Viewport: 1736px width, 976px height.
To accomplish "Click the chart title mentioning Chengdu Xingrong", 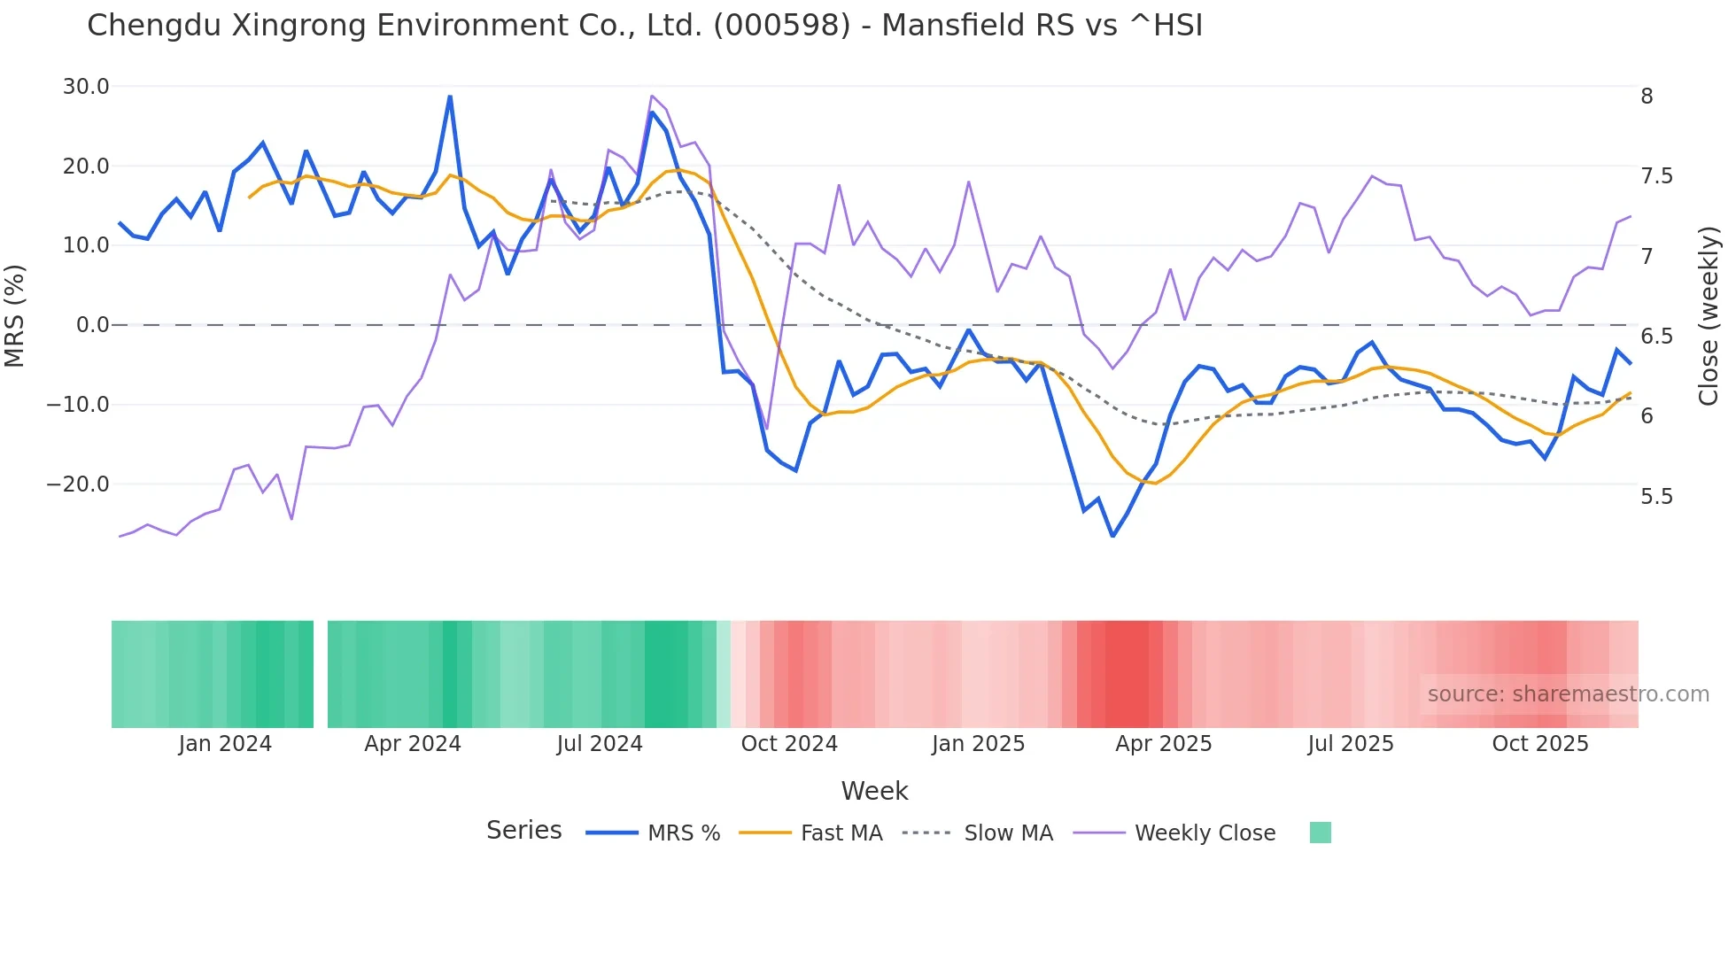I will pyautogui.click(x=645, y=26).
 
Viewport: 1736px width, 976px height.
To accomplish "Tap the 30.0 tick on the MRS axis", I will pyautogui.click(x=86, y=87).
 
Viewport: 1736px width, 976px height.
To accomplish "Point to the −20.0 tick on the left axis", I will pyautogui.click(x=79, y=484).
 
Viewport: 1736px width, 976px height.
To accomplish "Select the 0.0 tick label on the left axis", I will pyautogui.click(x=92, y=325).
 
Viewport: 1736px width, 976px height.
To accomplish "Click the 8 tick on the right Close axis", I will pyautogui.click(x=1647, y=97).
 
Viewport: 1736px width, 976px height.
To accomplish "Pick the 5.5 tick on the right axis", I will pyautogui.click(x=1656, y=497).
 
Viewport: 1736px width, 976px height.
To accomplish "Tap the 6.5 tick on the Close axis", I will pyautogui.click(x=1656, y=337).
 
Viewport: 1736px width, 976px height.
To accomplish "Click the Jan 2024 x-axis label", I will pyautogui.click(x=225, y=744).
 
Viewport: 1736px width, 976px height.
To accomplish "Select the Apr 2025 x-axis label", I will pyautogui.click(x=1163, y=744).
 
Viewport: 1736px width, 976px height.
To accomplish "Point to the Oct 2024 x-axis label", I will pyautogui.click(x=788, y=744).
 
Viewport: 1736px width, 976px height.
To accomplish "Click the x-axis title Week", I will pyautogui.click(x=874, y=791).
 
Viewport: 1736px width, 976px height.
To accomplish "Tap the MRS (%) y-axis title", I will pyautogui.click(x=15, y=315).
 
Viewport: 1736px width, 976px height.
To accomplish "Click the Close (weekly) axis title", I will pyautogui.click(x=1709, y=315).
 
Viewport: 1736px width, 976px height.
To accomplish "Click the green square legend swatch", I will pyautogui.click(x=1320, y=833).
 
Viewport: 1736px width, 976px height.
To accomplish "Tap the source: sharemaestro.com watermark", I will pyautogui.click(x=1568, y=694).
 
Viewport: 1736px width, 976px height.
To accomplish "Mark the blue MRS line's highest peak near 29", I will pyautogui.click(x=450, y=97).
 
